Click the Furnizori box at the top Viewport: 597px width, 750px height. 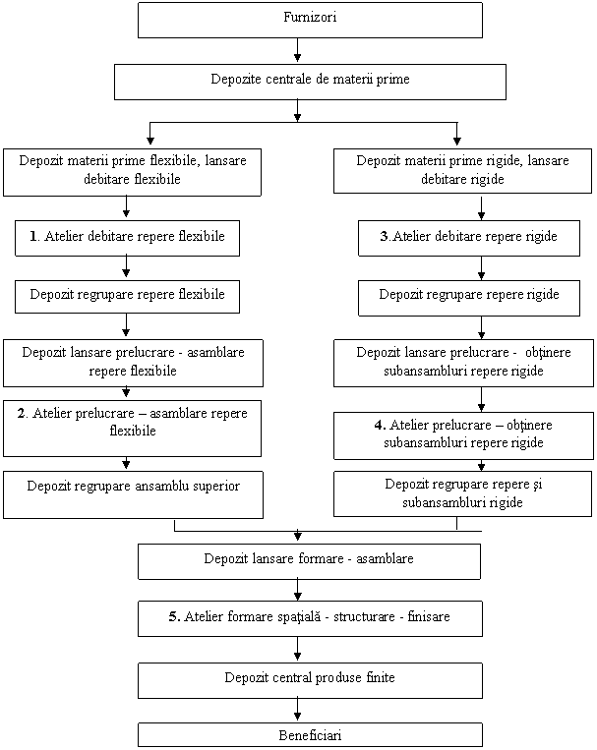(x=310, y=20)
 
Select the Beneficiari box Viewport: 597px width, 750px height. (x=310, y=734)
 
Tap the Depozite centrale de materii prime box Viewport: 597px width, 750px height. (x=310, y=83)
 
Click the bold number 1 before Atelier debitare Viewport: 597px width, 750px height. (x=33, y=236)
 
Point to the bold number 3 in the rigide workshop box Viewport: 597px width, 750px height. (x=384, y=236)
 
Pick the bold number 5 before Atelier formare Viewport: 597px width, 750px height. (x=173, y=616)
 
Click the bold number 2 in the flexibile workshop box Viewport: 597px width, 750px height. (x=22, y=413)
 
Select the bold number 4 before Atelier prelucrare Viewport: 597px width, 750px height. (x=379, y=425)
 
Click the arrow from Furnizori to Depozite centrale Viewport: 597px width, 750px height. (x=297, y=50)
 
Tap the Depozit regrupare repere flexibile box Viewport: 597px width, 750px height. (x=127, y=297)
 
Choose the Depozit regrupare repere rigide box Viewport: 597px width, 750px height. (x=469, y=299)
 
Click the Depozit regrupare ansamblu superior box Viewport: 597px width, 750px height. (x=133, y=494)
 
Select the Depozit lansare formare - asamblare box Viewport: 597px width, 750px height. (x=309, y=561)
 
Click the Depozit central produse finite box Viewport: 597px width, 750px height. (x=310, y=680)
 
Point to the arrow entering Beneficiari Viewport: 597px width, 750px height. (x=297, y=710)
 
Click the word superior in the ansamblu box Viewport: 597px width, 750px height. (x=213, y=487)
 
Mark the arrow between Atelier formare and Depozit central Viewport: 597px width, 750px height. (x=297, y=648)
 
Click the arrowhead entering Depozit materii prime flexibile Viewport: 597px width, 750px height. (x=150, y=141)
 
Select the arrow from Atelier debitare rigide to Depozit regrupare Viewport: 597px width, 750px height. (x=481, y=267)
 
